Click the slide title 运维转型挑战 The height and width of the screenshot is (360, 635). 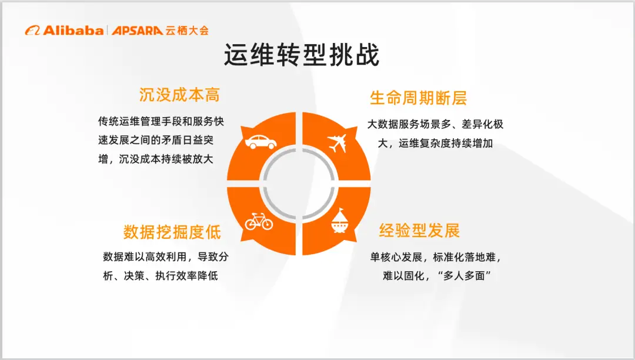301,56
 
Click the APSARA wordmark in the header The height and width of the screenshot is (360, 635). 137,30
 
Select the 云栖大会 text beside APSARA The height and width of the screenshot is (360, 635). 187,30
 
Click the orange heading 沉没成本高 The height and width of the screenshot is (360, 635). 179,95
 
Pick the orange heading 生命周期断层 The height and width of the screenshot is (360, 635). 418,98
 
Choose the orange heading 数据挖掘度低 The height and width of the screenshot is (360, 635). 172,232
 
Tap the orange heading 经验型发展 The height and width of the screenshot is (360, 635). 419,231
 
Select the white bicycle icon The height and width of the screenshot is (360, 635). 259,222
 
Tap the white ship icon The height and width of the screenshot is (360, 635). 342,222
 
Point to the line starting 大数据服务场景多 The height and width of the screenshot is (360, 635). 435,125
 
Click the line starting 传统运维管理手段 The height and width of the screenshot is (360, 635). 161,122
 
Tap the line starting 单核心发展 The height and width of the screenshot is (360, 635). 435,257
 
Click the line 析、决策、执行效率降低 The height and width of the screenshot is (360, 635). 160,275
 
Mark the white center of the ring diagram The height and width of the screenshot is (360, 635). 299,184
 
